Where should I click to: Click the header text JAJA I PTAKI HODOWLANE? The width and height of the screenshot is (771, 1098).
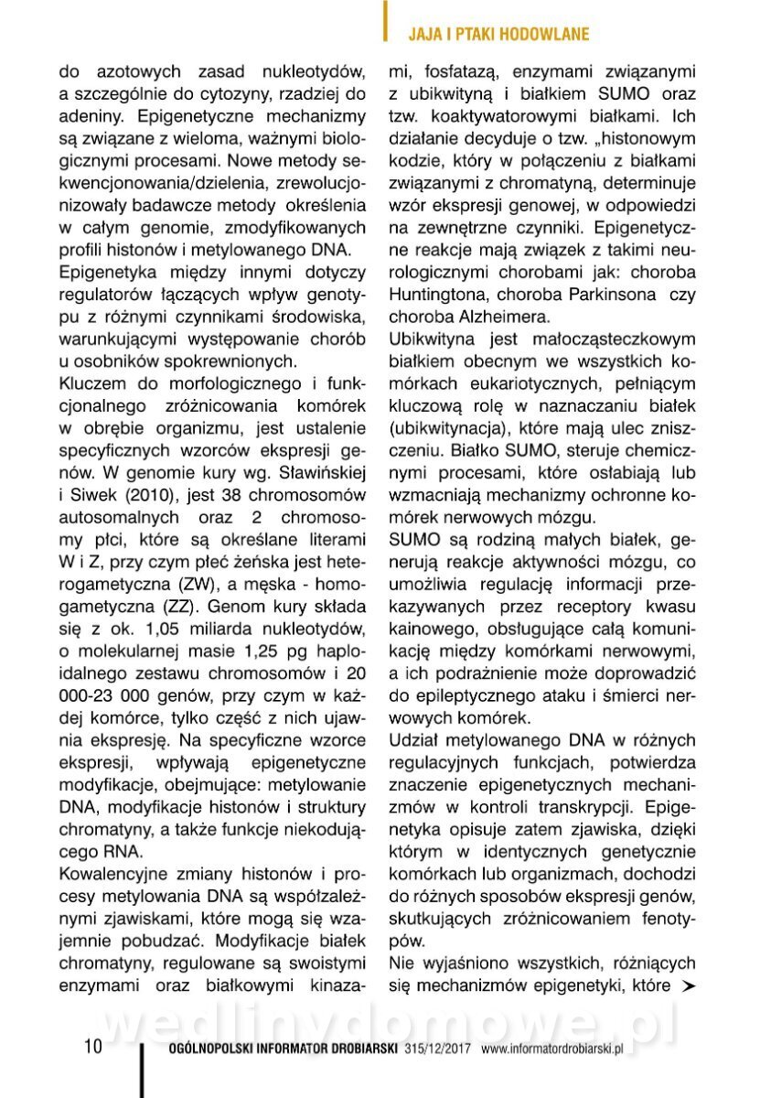(x=498, y=34)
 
